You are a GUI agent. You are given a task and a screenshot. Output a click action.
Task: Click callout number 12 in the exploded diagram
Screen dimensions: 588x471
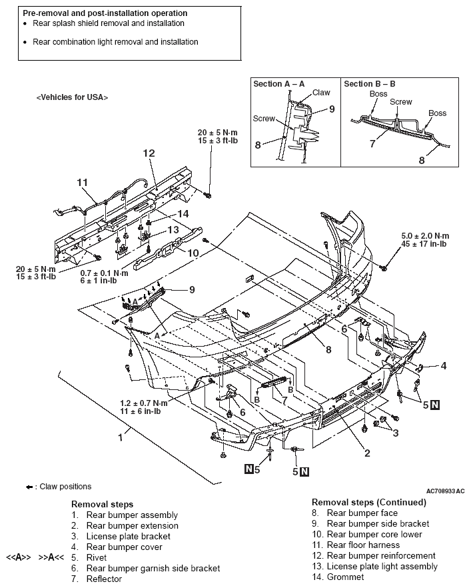[148, 153]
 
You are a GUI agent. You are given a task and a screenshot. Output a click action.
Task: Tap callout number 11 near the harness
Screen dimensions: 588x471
[82, 182]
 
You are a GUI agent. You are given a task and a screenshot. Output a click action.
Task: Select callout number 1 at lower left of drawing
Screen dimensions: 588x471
[121, 437]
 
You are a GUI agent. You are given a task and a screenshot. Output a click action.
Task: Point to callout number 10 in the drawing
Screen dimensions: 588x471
[193, 253]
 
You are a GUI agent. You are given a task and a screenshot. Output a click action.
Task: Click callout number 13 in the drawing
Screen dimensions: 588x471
[173, 229]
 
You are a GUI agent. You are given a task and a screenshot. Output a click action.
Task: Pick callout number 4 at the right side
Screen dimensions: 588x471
[443, 365]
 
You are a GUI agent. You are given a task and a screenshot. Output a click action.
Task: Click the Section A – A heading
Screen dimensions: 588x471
[278, 84]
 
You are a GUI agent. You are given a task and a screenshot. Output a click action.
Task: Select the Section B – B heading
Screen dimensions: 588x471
[369, 84]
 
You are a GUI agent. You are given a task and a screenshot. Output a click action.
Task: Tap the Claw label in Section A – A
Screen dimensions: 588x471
[321, 93]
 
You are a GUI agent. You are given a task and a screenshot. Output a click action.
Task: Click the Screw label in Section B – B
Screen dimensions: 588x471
[400, 102]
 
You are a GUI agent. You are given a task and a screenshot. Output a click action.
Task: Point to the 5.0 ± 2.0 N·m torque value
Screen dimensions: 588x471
[425, 236]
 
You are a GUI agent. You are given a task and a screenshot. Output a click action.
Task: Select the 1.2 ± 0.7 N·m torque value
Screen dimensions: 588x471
[144, 403]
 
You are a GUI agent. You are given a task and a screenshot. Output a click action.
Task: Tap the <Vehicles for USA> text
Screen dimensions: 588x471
[72, 97]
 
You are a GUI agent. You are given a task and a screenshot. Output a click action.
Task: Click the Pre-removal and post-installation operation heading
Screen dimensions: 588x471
[105, 13]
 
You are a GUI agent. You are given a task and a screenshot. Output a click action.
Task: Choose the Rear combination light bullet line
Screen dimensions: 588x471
[115, 42]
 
